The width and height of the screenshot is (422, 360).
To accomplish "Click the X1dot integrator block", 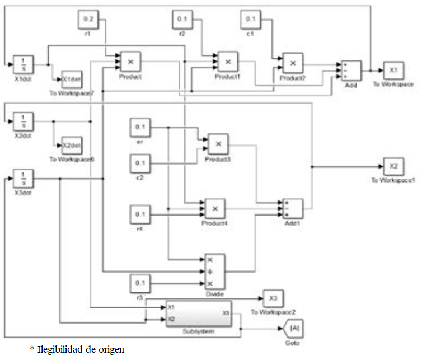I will point(23,64).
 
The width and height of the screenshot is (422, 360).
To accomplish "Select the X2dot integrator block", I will point(23,120).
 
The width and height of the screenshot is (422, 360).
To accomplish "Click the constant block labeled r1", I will point(88,20).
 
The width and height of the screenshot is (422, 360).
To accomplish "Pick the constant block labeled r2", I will point(182,20).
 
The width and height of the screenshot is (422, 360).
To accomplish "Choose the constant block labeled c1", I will point(251,20).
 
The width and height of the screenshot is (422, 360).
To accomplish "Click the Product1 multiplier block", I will point(228,62).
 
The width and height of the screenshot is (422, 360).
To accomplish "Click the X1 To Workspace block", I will point(393,71).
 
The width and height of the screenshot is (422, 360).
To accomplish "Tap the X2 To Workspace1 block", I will point(393,166).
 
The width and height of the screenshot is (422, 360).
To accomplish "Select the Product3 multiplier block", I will point(219,144).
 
